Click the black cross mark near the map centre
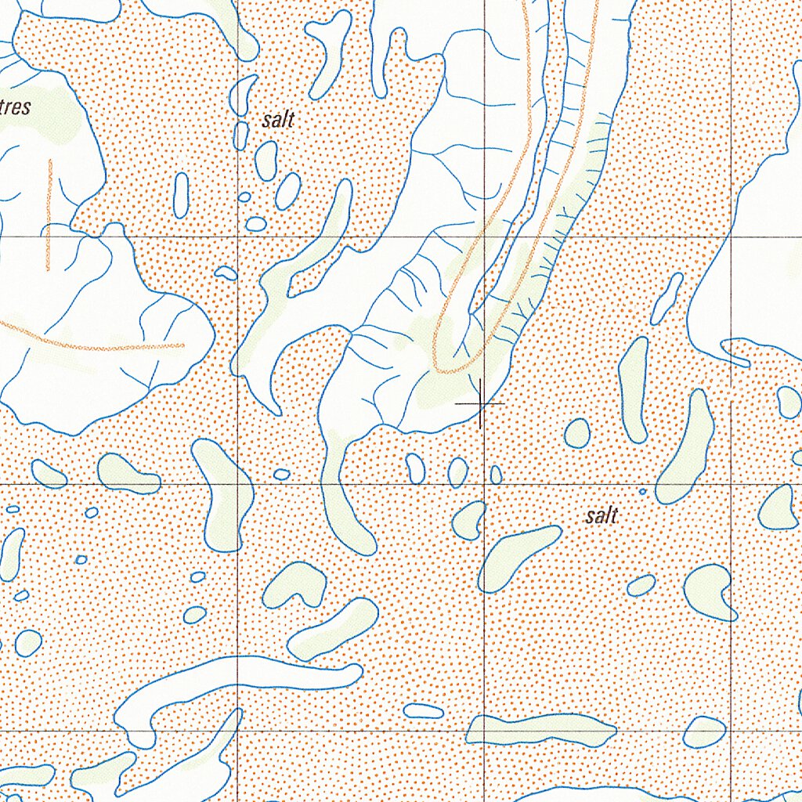click(x=480, y=404)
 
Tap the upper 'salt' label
click(x=278, y=120)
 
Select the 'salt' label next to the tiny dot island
click(x=601, y=516)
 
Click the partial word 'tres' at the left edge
click(x=16, y=107)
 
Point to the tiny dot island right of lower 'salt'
click(x=642, y=492)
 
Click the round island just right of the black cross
click(x=577, y=433)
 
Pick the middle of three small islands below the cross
click(x=457, y=472)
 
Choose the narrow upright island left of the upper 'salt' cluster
click(x=181, y=195)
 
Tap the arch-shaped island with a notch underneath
click(x=295, y=584)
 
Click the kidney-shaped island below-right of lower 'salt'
click(x=710, y=591)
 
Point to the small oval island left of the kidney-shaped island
click(x=641, y=585)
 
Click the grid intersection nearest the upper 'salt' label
click(x=238, y=236)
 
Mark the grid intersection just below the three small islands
click(x=484, y=484)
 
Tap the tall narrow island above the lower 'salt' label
click(x=633, y=389)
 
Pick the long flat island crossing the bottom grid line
click(x=540, y=730)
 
